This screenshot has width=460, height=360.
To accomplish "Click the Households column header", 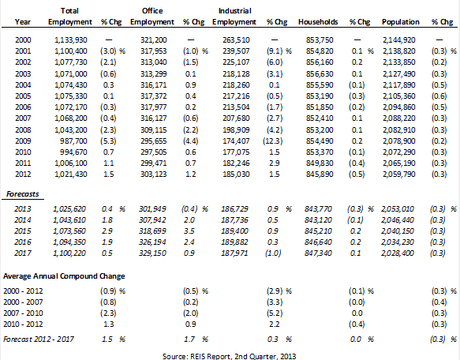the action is (318, 22).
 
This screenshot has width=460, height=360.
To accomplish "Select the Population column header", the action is (401, 22).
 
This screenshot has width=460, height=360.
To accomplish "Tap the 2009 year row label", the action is (23, 141).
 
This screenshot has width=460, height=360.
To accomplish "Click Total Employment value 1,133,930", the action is (71, 40).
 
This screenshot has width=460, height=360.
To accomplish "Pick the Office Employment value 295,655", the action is (153, 141).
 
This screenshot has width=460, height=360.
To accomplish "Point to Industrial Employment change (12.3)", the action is (272, 141).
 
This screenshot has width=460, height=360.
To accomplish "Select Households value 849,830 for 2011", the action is (320, 163).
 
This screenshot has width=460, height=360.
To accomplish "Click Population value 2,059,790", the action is (399, 174).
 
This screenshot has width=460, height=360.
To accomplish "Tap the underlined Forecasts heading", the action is (23, 194).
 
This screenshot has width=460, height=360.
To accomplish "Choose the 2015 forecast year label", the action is (23, 231).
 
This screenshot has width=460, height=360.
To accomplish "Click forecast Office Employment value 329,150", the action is (152, 253).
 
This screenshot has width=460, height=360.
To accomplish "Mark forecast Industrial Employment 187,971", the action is (234, 253).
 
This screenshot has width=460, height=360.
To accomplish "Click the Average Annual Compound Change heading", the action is (64, 276).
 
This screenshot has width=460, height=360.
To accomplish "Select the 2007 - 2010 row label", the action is (23, 313).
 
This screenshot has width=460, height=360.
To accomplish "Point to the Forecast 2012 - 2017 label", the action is (39, 339).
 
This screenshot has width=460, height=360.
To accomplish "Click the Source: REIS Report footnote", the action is (229, 357).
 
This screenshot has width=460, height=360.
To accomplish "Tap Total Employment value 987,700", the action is (73, 141).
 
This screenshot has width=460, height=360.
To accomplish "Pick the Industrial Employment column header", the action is (234, 17).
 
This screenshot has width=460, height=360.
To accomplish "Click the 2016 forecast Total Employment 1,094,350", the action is (69, 242).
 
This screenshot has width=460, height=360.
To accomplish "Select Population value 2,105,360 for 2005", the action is (399, 96).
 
